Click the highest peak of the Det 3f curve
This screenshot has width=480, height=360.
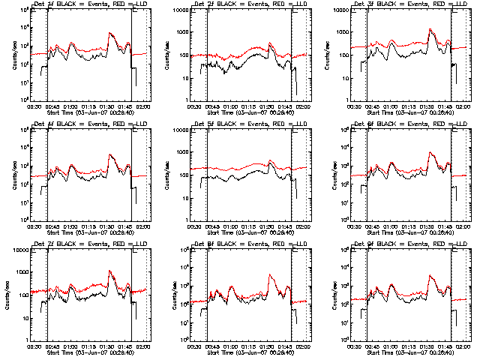430,29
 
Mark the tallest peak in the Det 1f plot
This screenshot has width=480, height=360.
109,33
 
